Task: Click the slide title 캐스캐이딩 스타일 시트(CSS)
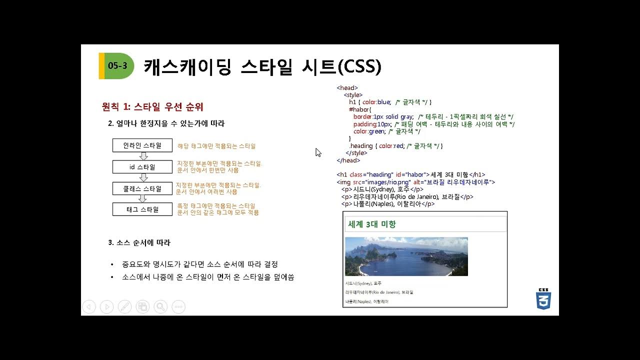[x=262, y=66]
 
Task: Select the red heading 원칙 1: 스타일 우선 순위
[x=152, y=107]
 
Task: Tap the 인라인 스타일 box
[x=142, y=145]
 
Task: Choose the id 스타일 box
[x=142, y=167]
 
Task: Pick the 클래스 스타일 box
[x=142, y=188]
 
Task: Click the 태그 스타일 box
[x=142, y=209]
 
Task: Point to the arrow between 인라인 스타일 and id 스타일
[x=143, y=156]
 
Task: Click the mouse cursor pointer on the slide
[x=318, y=152]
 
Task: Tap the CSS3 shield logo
[x=543, y=298]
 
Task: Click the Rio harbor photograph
[x=406, y=256]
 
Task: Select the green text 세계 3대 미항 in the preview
[x=372, y=224]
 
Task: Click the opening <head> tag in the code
[x=347, y=88]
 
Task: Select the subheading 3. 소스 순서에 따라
[x=139, y=242]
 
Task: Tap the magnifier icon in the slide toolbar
[x=160, y=306]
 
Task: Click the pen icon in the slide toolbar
[x=124, y=306]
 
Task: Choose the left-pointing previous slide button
[x=88, y=306]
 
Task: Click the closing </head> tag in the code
[x=348, y=160]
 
